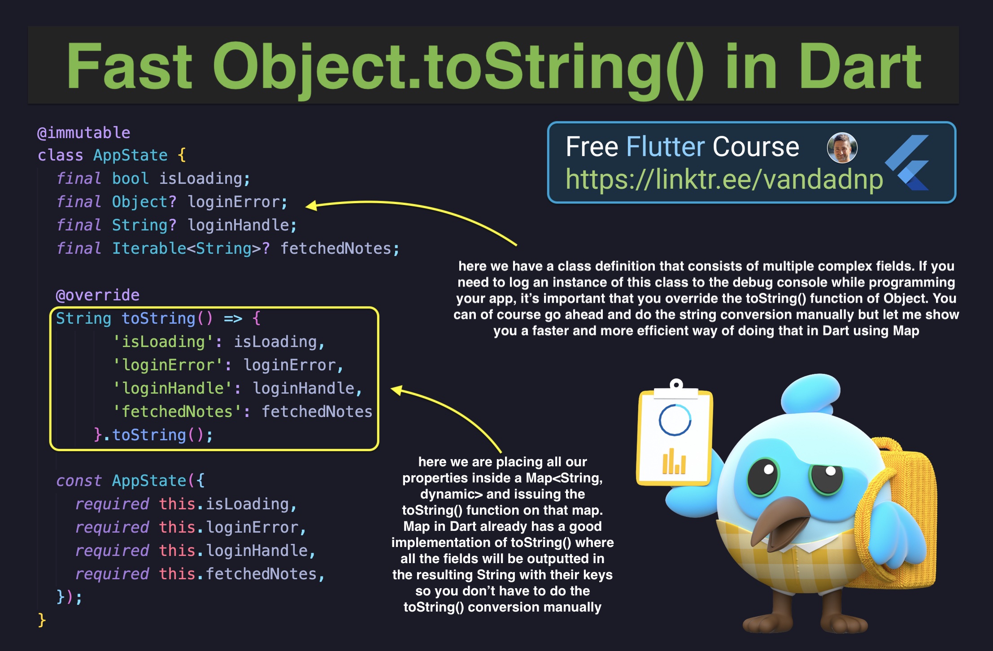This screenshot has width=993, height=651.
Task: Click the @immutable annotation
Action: pos(84,133)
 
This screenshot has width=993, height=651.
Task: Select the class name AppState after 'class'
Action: pos(131,156)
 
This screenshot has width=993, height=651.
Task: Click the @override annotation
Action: pos(98,295)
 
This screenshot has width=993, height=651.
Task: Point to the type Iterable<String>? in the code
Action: pos(191,248)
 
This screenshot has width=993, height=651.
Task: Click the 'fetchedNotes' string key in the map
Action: pos(177,412)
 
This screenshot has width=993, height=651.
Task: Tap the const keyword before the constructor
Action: pos(79,481)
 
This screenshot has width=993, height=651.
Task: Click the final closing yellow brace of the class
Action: pos(42,620)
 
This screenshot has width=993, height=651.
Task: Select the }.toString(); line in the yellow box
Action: pos(153,435)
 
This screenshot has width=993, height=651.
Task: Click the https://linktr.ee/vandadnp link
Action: pos(724,179)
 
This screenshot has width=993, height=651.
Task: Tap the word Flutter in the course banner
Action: pos(666,147)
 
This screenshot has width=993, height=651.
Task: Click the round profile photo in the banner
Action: pos(842,148)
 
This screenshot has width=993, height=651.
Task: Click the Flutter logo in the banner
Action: pos(907,163)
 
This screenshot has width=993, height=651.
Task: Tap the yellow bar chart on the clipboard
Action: pos(674,461)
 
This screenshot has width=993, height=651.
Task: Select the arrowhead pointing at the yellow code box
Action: pos(396,390)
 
